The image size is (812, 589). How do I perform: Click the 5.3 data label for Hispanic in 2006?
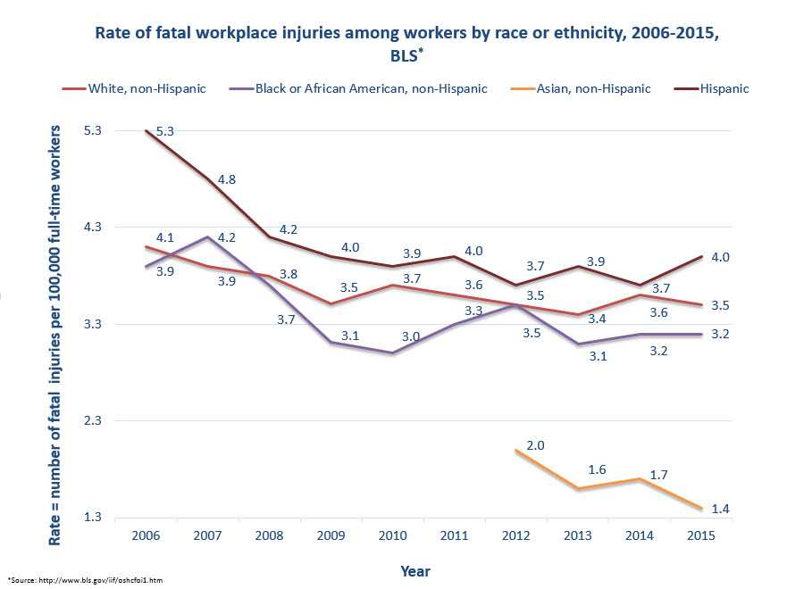coord(164,131)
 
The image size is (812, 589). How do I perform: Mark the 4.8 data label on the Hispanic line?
coord(227,179)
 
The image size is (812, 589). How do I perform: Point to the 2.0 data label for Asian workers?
coord(536,444)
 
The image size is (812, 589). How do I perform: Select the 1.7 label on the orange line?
coord(658,475)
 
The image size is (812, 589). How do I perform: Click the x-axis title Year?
coord(415,569)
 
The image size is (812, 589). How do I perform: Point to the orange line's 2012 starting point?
coord(516,451)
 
